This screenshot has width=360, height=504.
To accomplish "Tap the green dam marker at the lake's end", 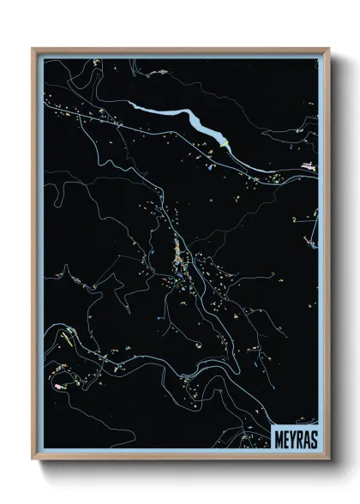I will [x=225, y=145].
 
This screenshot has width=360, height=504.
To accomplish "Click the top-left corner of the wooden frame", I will [x=34, y=50].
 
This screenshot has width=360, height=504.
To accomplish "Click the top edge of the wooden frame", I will [x=180, y=50].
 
